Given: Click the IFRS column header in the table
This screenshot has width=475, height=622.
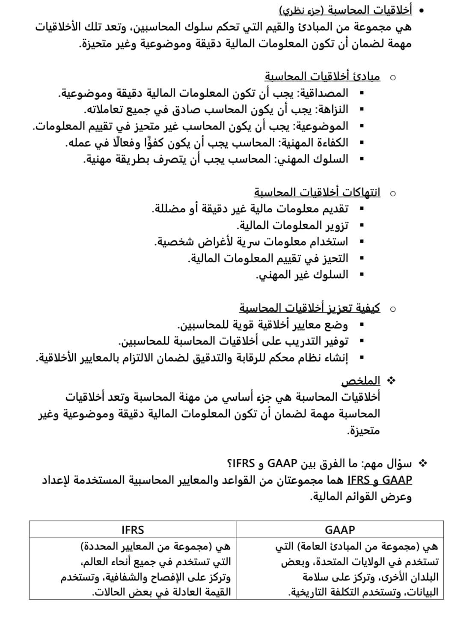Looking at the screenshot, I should coord(133,530).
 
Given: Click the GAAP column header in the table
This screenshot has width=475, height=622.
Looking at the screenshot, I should coord(340,530).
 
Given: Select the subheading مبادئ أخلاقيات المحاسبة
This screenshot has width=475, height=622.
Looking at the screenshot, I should coord(322,77).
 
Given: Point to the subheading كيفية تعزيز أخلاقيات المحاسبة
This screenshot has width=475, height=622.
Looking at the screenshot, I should coord(309,308).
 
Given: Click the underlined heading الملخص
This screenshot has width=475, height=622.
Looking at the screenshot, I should coord(360,381).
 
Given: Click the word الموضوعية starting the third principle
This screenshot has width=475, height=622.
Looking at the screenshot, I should coord(323,126).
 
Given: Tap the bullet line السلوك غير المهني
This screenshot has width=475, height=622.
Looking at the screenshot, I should coord(302,275).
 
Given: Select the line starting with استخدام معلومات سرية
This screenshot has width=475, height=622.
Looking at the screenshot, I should coord(251,242).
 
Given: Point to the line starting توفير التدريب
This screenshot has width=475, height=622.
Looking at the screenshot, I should coord(233,342).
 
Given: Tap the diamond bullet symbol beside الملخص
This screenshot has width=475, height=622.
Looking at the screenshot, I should coord(390,380).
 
